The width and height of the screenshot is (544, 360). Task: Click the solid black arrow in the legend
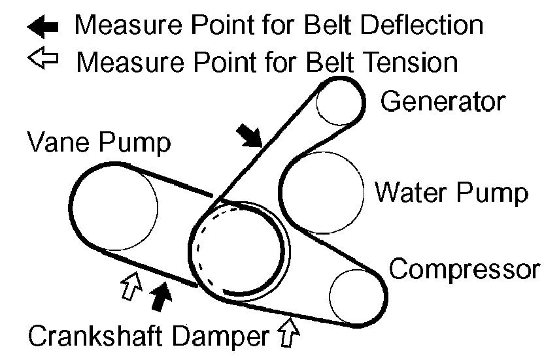tap(43, 26)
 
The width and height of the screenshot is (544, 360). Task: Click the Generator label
tap(443, 101)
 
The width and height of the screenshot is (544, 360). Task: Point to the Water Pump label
tap(450, 193)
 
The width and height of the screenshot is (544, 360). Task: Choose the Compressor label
tap(464, 269)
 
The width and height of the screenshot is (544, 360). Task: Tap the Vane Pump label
tap(99, 142)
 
